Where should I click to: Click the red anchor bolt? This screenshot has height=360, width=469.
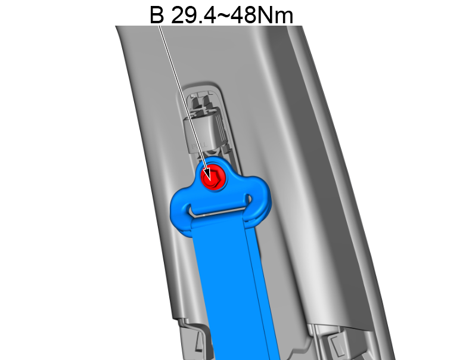(x=212, y=177)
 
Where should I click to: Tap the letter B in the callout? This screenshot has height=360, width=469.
(x=157, y=14)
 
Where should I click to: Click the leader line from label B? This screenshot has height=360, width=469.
(x=182, y=95)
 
